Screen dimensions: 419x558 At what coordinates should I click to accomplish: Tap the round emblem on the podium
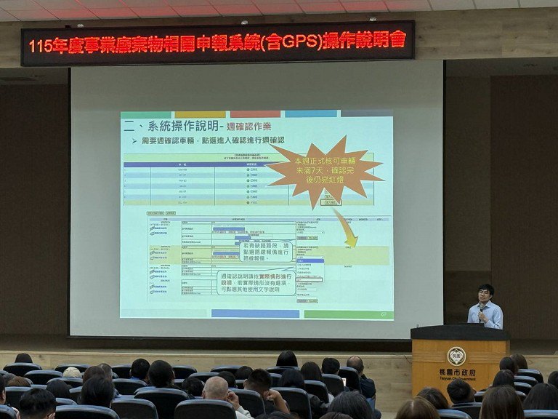tap(456, 356)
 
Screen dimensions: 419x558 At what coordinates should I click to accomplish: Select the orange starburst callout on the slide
tap(326, 171)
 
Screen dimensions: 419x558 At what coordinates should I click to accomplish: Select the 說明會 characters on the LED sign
tap(389, 39)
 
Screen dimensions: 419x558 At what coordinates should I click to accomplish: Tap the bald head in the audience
tap(216, 388)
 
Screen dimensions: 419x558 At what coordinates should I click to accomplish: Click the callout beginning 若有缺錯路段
tap(266, 252)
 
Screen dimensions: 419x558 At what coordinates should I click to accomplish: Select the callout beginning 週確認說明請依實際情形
tap(256, 283)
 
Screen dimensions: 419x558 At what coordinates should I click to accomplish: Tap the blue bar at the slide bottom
tap(254, 314)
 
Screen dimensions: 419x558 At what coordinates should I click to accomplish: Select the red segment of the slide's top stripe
tap(254, 114)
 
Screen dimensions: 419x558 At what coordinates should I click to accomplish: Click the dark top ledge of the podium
tap(459, 332)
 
